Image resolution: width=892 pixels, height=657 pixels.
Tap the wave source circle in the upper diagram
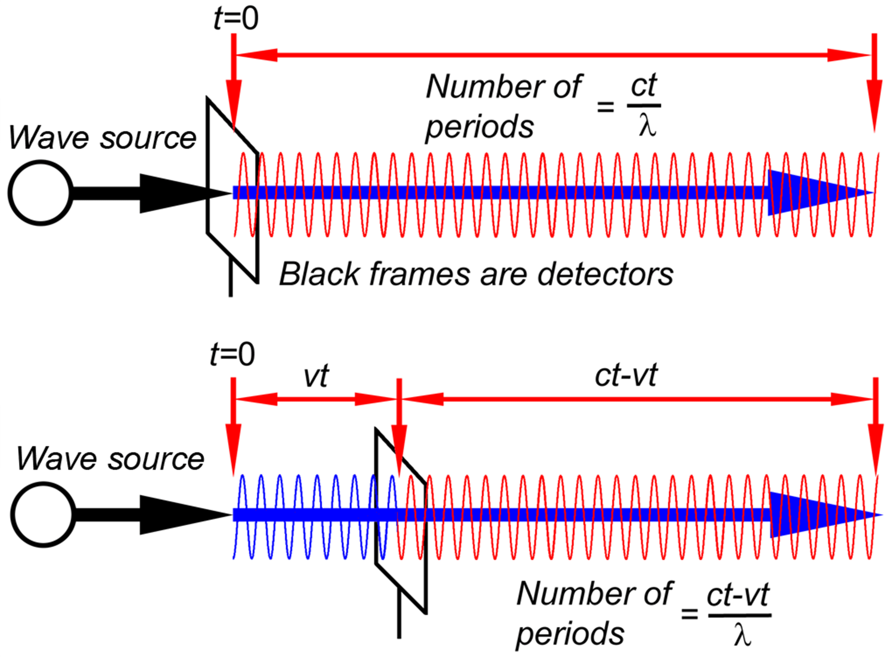click(x=41, y=193)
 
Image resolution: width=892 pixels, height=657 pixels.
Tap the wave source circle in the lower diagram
click(x=43, y=514)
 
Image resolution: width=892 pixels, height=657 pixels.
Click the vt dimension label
click(x=316, y=376)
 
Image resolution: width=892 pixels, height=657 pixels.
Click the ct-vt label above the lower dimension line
click(x=626, y=375)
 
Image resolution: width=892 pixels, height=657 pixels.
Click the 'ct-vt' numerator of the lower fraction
click(x=739, y=595)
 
